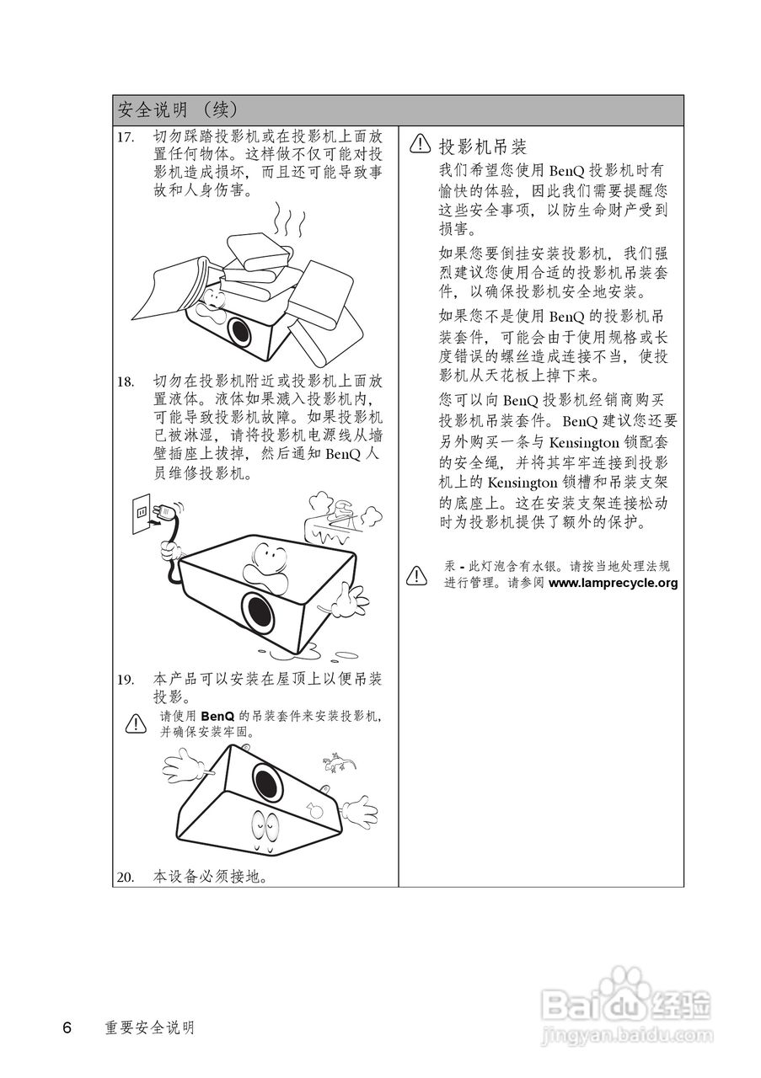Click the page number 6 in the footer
tap(67, 1027)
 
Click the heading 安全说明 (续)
tap(178, 109)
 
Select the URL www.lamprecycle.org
tap(613, 583)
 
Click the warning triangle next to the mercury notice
tap(416, 576)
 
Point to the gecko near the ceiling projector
tap(339, 763)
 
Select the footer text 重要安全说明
tap(149, 1028)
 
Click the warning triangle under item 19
tap(135, 723)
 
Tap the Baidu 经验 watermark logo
tap(628, 1003)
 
